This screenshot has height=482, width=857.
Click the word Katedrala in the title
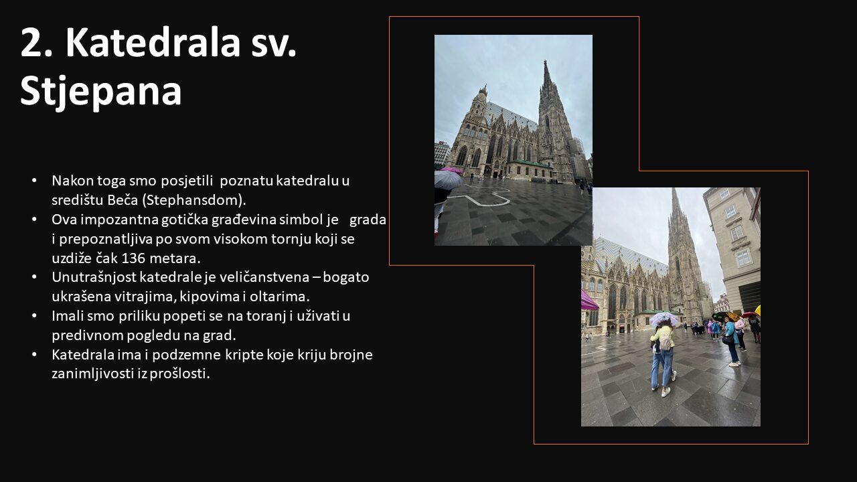153,42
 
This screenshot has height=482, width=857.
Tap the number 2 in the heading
31,42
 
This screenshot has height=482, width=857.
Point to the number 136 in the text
133,258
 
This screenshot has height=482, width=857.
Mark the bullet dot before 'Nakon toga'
34,181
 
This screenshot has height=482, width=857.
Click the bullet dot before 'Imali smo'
34,316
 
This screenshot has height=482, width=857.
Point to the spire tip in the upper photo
545,61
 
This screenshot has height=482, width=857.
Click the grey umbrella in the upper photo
448,179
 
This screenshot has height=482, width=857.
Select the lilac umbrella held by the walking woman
664,318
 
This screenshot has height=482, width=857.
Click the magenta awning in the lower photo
589,301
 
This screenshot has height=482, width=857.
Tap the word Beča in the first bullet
122,200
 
